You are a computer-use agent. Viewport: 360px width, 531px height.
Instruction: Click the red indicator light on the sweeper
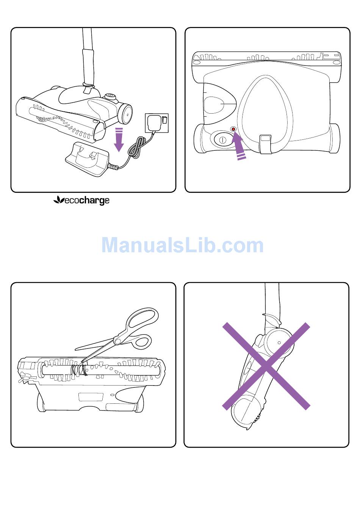(233, 129)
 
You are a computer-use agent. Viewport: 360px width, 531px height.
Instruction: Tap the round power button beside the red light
(222, 140)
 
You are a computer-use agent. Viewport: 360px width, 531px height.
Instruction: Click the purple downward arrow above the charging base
(119, 140)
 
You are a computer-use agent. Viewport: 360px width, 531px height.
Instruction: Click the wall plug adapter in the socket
(153, 123)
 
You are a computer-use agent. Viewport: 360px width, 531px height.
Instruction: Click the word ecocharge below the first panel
(86, 201)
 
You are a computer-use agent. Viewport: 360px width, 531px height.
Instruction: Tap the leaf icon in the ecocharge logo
(59, 200)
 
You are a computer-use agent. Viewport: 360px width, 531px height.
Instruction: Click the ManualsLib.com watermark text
(182, 245)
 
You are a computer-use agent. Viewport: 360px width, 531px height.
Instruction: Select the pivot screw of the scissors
(117, 341)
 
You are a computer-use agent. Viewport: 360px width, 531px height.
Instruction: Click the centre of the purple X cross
(266, 366)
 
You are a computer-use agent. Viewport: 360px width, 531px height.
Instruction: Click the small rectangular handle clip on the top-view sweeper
(266, 144)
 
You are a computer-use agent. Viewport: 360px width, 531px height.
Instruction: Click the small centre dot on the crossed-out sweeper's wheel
(279, 343)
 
